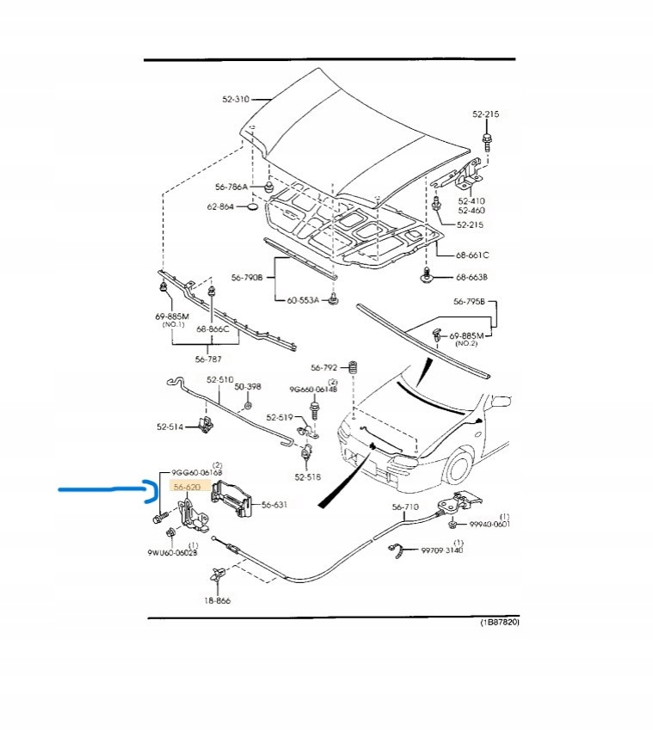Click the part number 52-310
point(235,99)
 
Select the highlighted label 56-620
point(187,487)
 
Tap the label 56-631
point(274,505)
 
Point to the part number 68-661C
point(471,255)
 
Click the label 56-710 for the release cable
point(405,507)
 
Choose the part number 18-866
point(217,601)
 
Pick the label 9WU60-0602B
point(172,553)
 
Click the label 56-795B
point(470,302)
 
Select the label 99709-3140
point(441,550)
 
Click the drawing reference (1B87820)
point(499,622)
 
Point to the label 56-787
point(209,359)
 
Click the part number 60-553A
point(303,300)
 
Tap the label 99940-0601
point(490,524)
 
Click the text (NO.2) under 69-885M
point(465,344)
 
